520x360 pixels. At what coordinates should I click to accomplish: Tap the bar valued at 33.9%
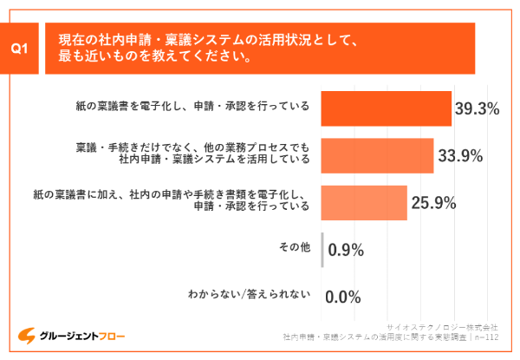[x=377, y=155]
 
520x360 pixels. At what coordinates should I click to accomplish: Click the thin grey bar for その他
[x=322, y=250]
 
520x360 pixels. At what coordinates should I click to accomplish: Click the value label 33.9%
[x=460, y=156]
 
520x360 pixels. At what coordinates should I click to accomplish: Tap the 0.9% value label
[x=345, y=251]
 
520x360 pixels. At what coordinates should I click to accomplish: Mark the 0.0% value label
[x=342, y=298]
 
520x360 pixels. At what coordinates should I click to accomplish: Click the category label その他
[x=294, y=250]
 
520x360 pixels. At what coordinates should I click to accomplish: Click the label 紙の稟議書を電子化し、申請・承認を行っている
[x=192, y=108]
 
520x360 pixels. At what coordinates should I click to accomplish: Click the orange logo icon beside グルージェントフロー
[x=27, y=335]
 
